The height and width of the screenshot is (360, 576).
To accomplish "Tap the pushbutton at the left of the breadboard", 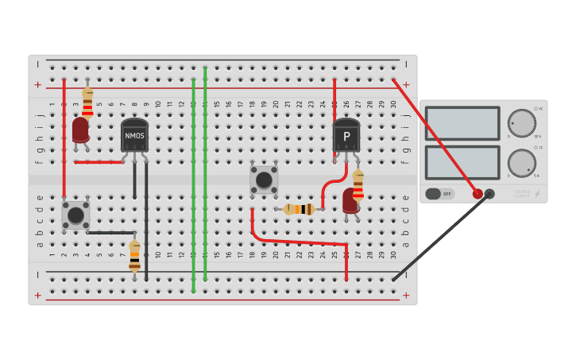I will pos(75,215).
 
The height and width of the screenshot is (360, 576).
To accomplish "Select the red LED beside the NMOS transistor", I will pos(80,130).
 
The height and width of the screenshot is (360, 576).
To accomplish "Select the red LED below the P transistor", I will pos(350,200).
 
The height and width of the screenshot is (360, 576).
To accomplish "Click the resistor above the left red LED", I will pos(87,103).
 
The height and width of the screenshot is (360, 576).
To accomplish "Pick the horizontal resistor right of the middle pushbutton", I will pos(299,209).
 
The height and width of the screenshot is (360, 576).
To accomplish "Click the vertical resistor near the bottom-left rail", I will pos(134,256).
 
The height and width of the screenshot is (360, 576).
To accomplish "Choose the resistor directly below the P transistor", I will pos(358,184).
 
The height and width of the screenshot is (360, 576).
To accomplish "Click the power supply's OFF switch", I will pos(439,193).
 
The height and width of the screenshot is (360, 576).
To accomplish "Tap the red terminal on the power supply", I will pos(477,193).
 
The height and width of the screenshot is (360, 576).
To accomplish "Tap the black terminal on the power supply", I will pos(489,193).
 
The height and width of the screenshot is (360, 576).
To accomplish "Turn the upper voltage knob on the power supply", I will pos(521,122).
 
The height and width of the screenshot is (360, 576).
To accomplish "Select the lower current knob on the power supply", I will pos(521,162).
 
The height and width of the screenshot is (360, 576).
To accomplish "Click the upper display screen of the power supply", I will pos(462,123).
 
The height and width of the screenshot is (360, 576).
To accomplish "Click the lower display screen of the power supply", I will pos(462,162).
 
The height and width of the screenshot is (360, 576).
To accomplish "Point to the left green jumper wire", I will pos(193,183).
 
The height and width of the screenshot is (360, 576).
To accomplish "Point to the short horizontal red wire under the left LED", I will pos(99,162).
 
